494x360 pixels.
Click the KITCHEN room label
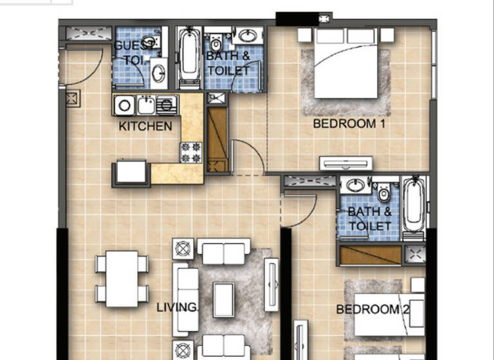[146, 127]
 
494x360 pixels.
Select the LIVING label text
[176, 308]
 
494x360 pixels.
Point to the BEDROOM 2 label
[372, 310]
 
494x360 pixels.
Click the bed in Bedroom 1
[346, 64]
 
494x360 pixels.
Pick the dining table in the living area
[122, 278]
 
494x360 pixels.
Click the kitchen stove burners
[191, 152]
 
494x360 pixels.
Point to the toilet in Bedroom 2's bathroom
[385, 192]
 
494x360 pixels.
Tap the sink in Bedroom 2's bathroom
[354, 186]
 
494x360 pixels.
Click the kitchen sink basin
[146, 104]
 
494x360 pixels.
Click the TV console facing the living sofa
[271, 285]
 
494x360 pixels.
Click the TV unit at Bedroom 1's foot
[346, 164]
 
